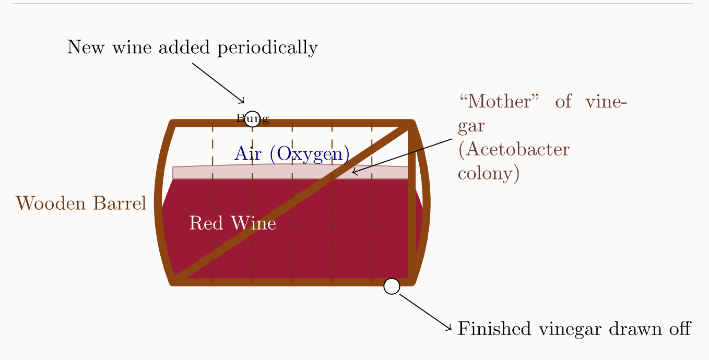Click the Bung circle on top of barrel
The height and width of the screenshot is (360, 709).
(x=252, y=119)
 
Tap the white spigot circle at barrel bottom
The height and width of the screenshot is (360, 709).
(x=392, y=286)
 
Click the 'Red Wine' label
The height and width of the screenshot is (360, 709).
(x=232, y=223)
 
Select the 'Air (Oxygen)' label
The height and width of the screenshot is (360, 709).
(x=292, y=153)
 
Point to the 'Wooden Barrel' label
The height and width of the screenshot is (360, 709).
(x=81, y=203)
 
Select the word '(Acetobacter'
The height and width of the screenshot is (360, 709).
(x=513, y=150)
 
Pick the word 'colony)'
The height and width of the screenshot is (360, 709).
(x=489, y=173)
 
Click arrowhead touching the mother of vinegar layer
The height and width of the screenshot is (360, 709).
(x=354, y=172)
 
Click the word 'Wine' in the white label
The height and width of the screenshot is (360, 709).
(x=255, y=223)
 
